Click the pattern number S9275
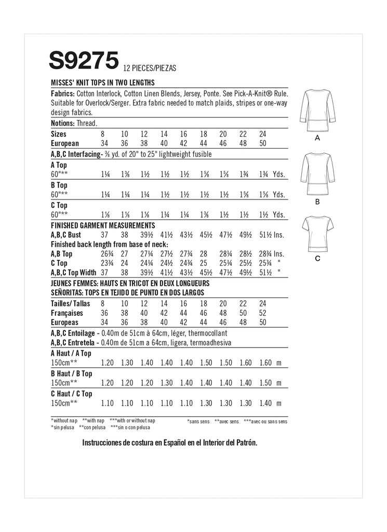click(84, 61)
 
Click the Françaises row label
click(68, 313)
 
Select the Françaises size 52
click(262, 313)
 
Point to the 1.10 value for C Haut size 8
click(107, 403)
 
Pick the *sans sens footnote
click(198, 421)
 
